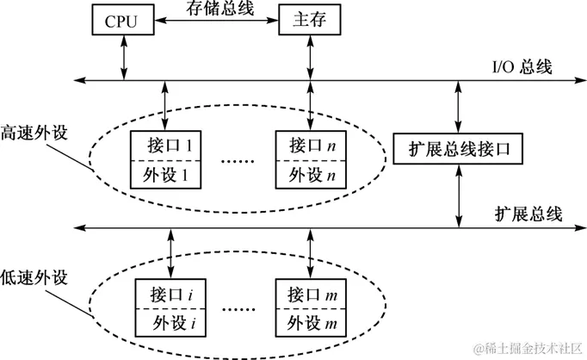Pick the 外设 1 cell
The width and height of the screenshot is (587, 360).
(164, 175)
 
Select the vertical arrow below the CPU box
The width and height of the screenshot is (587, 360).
(127, 59)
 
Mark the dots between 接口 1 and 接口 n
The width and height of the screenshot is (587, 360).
(237, 160)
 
